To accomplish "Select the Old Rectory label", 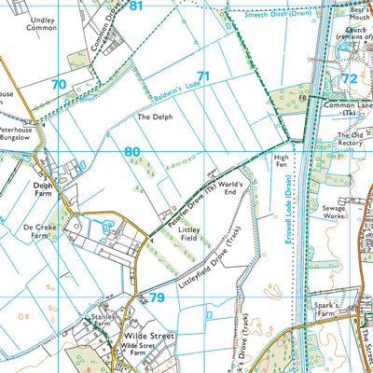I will point(351,140).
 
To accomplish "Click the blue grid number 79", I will point(156,297).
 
